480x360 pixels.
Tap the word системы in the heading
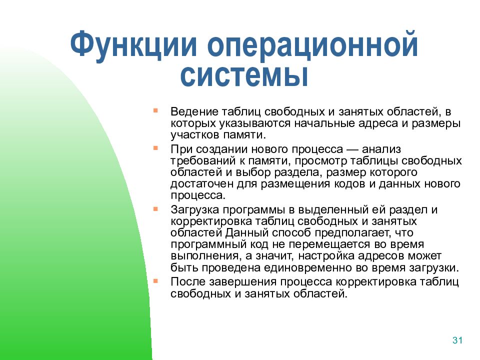(244, 74)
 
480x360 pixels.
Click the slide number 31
(457, 340)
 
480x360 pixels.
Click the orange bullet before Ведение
(155, 110)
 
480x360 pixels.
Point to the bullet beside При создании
(155, 148)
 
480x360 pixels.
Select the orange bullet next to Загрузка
(155, 209)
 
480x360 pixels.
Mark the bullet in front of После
(155, 280)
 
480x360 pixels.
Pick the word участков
(195, 135)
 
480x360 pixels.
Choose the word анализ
(381, 149)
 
